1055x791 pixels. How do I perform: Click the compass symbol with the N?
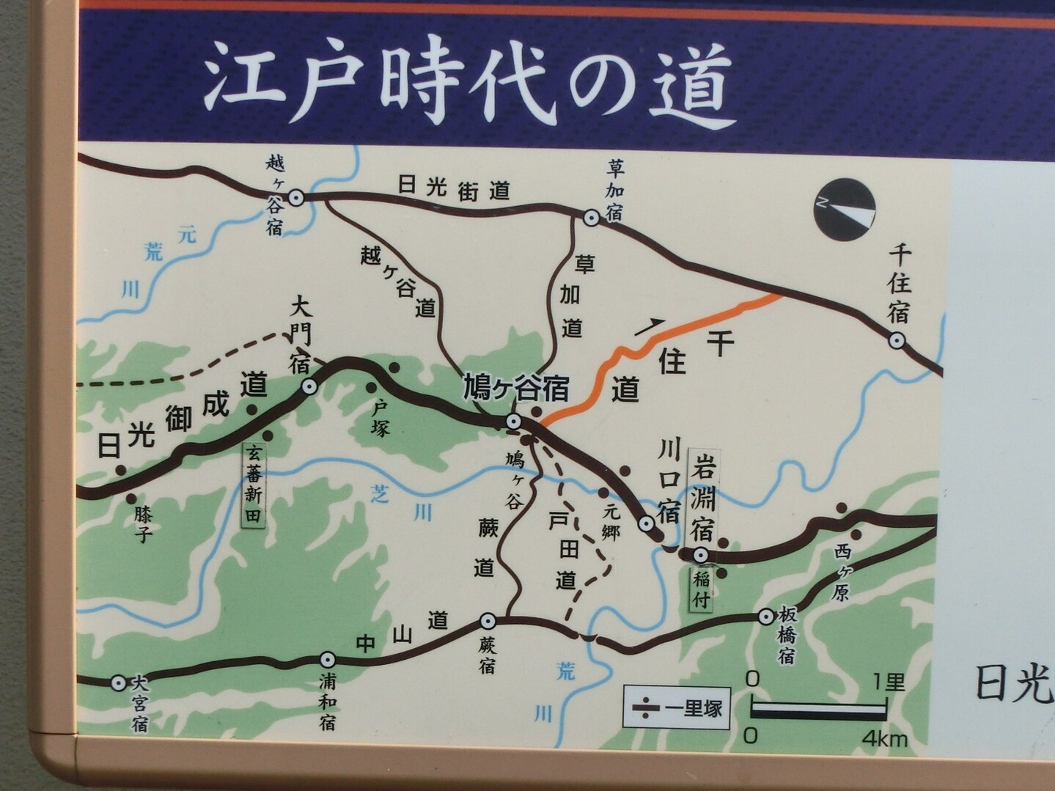(x=845, y=208)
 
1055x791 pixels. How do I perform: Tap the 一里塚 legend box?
(x=677, y=707)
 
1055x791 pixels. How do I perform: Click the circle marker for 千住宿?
(x=896, y=341)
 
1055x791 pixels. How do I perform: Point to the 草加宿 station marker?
(x=591, y=218)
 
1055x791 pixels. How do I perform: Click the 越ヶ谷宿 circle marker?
(x=296, y=197)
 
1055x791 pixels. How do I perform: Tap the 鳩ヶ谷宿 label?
(x=515, y=389)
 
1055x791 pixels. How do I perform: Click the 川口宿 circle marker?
(x=646, y=523)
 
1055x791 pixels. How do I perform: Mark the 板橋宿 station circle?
(x=766, y=617)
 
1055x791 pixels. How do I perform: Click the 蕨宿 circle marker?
(x=488, y=622)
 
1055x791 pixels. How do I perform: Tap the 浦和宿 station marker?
(x=328, y=660)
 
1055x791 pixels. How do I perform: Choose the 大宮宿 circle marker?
(x=118, y=683)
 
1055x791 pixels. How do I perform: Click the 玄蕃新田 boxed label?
(x=254, y=483)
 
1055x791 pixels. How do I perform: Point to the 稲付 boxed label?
(x=702, y=589)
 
